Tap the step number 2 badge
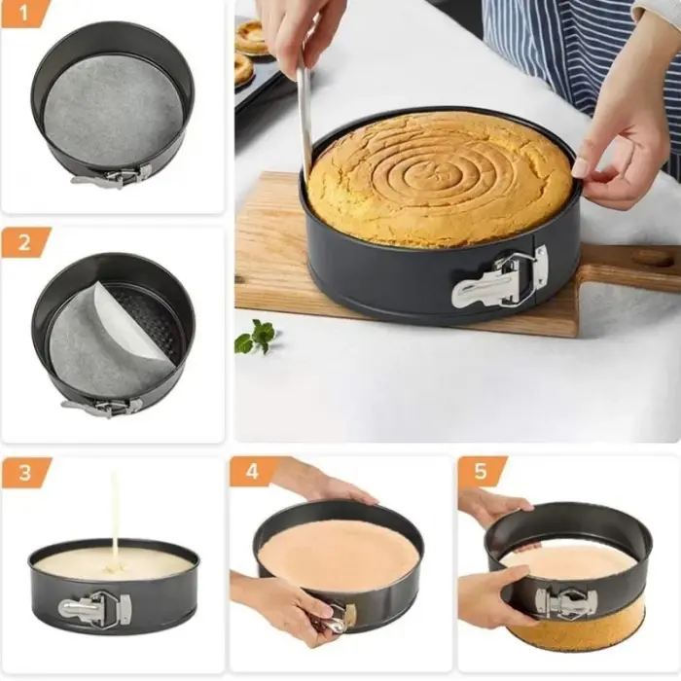[21, 242]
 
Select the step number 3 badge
[21, 473]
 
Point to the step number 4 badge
[251, 473]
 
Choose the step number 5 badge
[480, 473]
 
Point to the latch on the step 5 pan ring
[563, 602]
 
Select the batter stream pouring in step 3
[115, 516]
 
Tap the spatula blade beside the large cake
[305, 117]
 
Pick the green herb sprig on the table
[256, 337]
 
